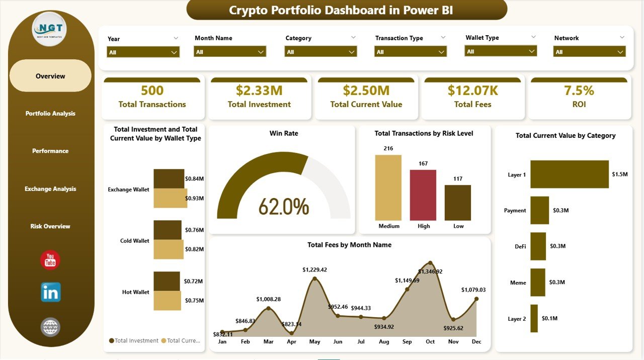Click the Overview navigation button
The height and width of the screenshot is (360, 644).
click(50, 76)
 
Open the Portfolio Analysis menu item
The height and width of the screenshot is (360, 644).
click(50, 114)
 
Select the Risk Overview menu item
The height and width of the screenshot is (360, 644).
click(50, 226)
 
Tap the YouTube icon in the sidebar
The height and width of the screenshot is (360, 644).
click(50, 260)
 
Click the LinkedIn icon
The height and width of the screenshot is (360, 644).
click(50, 292)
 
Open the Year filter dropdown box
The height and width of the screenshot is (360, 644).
click(143, 52)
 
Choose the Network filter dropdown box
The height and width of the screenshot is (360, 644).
click(589, 52)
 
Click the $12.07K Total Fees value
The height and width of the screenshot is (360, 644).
click(473, 91)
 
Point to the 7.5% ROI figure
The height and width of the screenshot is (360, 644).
click(579, 91)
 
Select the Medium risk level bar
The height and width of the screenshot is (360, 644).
click(388, 188)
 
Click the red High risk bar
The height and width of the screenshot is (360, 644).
click(423, 195)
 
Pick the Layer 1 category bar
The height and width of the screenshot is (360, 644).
click(570, 174)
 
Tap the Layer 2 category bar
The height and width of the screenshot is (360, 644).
click(534, 318)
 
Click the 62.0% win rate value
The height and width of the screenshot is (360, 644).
click(283, 206)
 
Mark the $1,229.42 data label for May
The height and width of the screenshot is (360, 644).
click(314, 270)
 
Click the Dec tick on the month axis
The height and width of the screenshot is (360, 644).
click(476, 342)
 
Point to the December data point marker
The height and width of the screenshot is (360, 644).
click(476, 299)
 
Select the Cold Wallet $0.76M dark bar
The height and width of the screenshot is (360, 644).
click(168, 230)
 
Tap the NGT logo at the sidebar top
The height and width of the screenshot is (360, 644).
click(49, 29)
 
